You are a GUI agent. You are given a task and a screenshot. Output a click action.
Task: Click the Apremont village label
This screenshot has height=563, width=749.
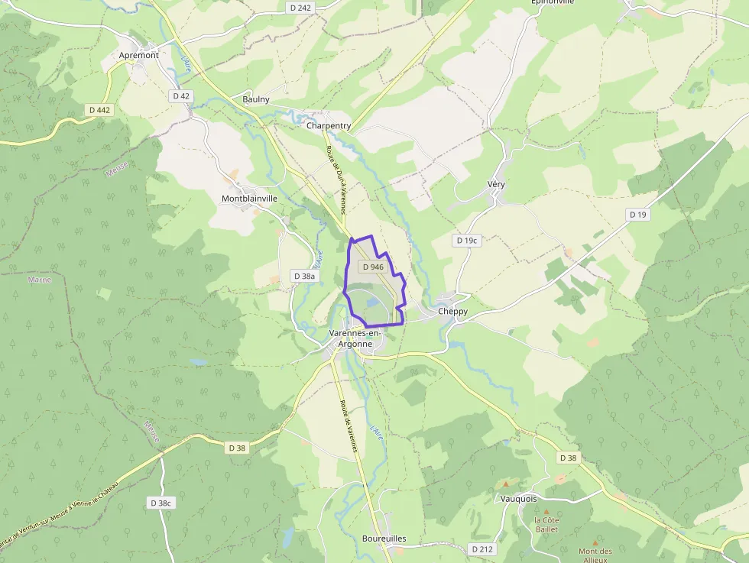coord(139,55)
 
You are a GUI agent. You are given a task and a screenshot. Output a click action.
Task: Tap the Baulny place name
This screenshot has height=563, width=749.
coord(256,99)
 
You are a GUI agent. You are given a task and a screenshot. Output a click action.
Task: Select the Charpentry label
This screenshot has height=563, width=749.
coord(329,125)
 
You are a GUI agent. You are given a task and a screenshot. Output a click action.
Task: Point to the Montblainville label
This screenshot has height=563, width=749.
coord(249,199)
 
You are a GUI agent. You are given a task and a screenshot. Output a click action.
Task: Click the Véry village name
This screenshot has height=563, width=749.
coord(496,185)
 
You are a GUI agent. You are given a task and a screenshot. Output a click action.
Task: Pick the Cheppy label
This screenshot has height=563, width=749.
coord(453,312)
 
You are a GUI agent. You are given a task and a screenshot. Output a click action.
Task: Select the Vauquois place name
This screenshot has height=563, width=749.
coord(519,499)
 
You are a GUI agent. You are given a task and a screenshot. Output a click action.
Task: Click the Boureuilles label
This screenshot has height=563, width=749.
coord(384,539)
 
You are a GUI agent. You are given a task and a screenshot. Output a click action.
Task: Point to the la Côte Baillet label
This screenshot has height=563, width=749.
coord(546,524)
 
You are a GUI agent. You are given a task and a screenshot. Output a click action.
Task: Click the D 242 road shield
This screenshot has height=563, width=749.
coord(301,8)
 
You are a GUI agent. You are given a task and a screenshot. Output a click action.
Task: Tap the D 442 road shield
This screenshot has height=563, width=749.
coord(99,110)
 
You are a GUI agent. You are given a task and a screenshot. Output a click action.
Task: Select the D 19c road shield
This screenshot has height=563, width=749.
coord(466,241)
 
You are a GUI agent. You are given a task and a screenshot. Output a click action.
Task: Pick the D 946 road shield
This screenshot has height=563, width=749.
coord(373,267)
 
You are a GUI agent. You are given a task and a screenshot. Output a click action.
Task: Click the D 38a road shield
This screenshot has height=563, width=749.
coord(304,276)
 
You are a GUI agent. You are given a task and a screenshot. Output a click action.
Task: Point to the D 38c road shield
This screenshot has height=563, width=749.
coord(161,503)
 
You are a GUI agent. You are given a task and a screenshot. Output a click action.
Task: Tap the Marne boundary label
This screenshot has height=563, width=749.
coord(40,280)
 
